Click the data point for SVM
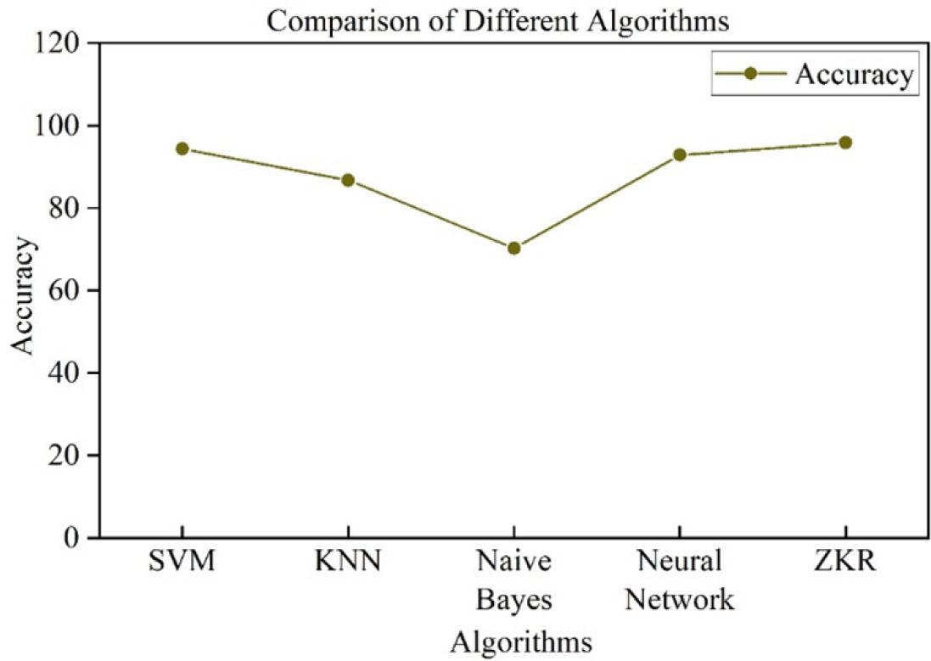(182, 148)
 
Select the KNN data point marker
(347, 180)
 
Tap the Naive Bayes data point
(513, 248)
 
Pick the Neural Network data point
(679, 154)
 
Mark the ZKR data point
(845, 143)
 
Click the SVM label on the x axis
(182, 562)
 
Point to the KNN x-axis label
(347, 562)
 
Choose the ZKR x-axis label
(845, 562)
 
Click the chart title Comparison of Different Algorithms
(497, 20)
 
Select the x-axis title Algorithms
(520, 641)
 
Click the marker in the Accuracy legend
(749, 75)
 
